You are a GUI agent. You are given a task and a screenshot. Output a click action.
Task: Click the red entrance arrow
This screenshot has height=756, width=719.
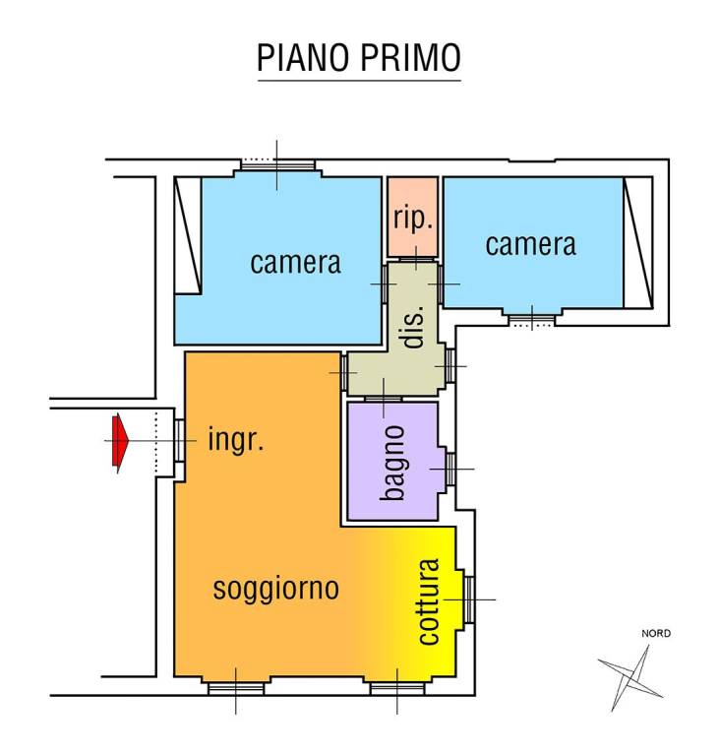click(x=120, y=441)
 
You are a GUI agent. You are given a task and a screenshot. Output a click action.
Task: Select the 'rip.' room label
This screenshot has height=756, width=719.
click(x=413, y=219)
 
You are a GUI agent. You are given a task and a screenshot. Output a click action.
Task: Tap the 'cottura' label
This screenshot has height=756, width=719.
click(x=428, y=601)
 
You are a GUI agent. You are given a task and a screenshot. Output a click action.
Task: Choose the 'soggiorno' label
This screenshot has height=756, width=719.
click(x=276, y=589)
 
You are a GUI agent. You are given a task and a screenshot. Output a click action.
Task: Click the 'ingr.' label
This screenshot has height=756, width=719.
click(x=236, y=440)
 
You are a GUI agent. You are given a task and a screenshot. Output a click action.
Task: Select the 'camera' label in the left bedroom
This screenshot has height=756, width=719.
click(x=295, y=263)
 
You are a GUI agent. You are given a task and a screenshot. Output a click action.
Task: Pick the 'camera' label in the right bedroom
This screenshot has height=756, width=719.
click(x=531, y=243)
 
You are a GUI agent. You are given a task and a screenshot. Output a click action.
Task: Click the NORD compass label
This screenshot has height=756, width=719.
click(x=656, y=633)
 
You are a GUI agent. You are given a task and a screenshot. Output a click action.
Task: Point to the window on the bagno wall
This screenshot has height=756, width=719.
click(x=449, y=468)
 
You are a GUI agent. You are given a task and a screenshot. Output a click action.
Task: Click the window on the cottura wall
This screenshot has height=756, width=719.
click(x=469, y=598)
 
